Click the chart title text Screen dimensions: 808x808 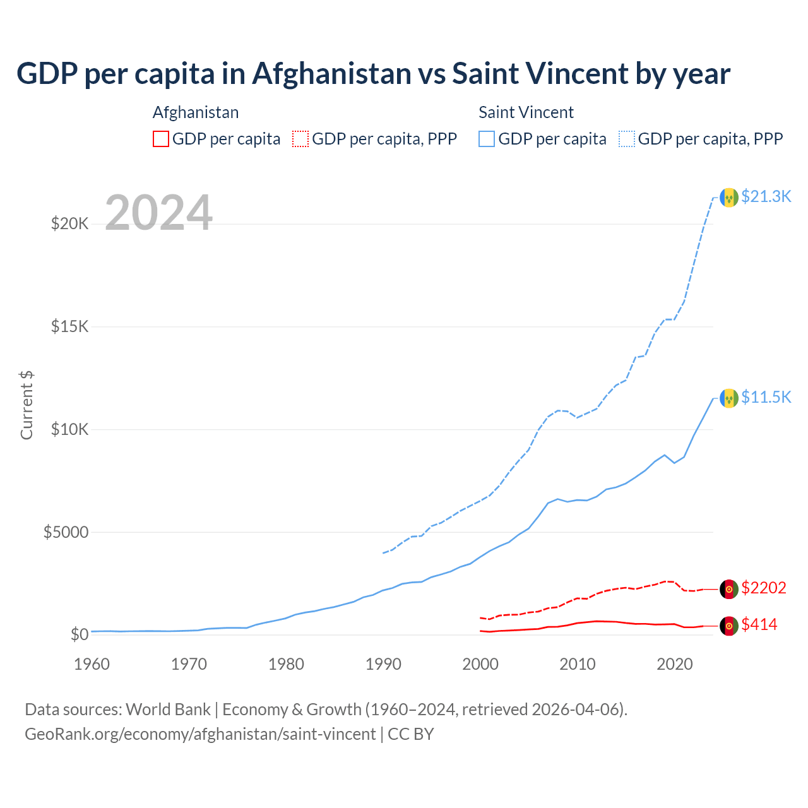coord(373,74)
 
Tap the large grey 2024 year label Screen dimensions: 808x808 coord(158,213)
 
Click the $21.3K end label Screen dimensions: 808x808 coord(766,196)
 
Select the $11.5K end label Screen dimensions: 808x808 coord(766,397)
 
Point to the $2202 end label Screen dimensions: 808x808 coord(763,588)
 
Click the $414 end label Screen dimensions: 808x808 coord(759,625)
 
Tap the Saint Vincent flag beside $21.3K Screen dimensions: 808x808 coord(729,198)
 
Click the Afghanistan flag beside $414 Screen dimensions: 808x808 coord(729,626)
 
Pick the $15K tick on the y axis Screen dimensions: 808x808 coord(69,326)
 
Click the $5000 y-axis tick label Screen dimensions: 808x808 coord(66,532)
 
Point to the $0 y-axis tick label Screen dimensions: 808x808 coord(79,634)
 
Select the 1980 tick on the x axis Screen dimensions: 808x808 coord(286,664)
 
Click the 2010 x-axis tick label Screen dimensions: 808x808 coord(578,664)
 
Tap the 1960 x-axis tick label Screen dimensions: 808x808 coord(92,664)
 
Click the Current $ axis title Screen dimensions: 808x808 coord(27,405)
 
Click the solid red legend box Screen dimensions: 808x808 coord(161,139)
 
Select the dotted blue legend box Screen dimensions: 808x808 coord(627,139)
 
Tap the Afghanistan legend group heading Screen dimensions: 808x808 coord(196,112)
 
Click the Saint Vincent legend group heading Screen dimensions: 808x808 coord(526,112)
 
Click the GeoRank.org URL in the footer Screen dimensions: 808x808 coord(200,734)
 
